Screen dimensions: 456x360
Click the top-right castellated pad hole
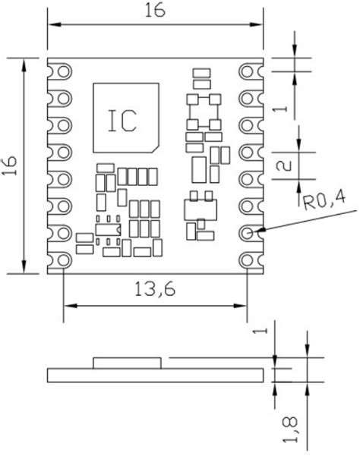click(248, 72)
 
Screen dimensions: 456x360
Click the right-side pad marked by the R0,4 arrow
click(248, 232)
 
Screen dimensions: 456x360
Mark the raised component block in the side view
click(127, 362)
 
